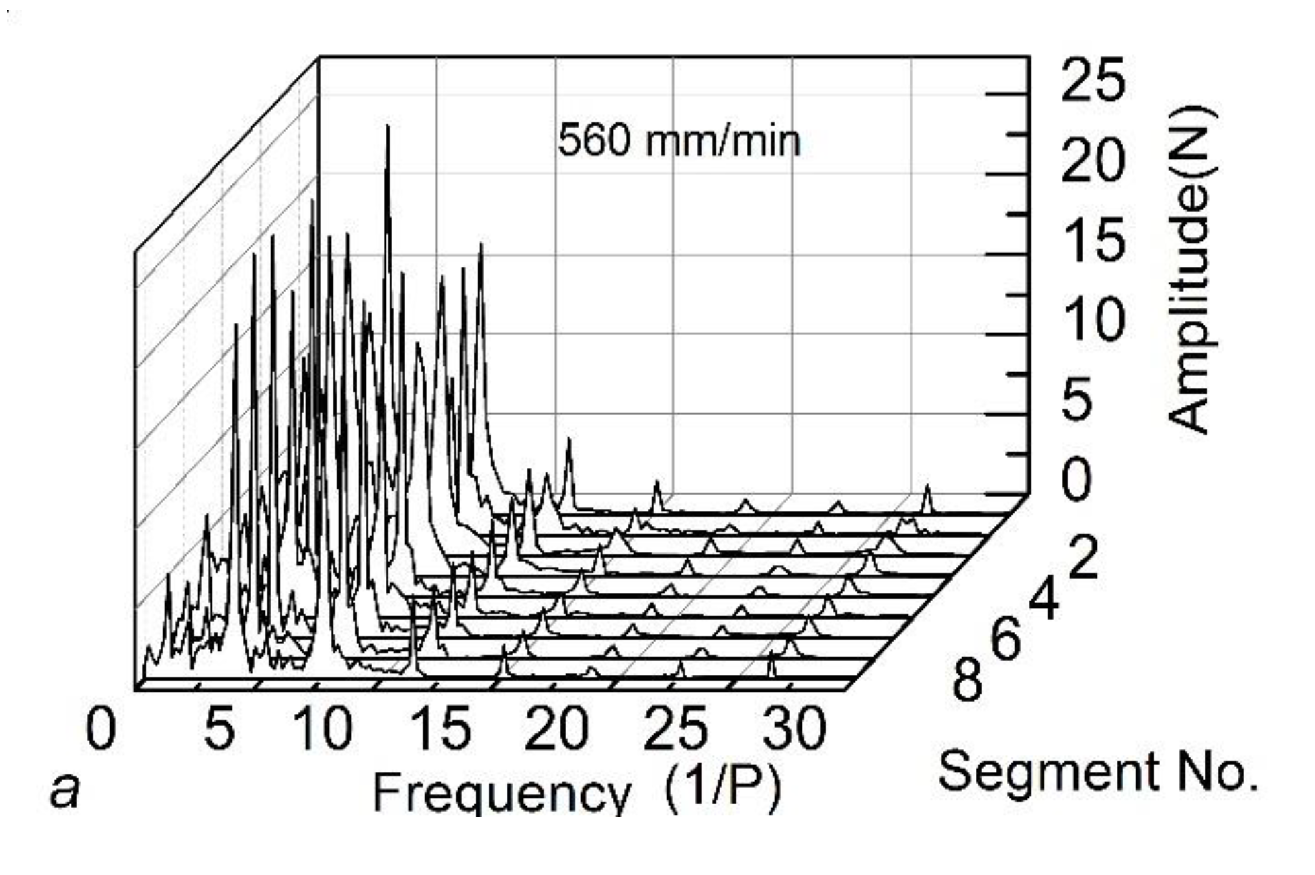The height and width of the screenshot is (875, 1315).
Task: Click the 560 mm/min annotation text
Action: point(679,141)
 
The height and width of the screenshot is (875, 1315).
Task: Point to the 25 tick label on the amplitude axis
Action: point(1093,80)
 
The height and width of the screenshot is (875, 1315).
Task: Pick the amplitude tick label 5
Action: point(1078,399)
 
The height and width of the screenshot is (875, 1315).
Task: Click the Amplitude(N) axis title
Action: point(1191,269)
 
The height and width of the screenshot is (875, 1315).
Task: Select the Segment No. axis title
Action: point(1098,772)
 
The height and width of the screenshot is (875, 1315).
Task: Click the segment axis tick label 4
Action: point(1044,600)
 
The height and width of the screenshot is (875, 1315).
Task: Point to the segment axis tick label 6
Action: point(1006,640)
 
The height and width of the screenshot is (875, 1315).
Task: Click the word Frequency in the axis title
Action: point(501,793)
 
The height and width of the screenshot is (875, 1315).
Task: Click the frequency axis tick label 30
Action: point(794,729)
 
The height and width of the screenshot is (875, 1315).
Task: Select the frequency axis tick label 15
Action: point(441,729)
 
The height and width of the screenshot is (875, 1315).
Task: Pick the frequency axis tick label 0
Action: point(101,729)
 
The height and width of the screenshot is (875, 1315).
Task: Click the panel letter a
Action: point(65,790)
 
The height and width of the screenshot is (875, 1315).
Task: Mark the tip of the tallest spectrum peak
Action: point(388,126)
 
